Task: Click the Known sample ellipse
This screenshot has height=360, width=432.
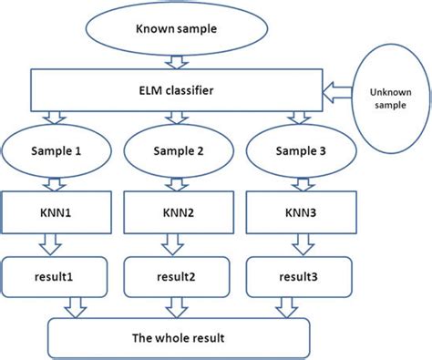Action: tap(175, 30)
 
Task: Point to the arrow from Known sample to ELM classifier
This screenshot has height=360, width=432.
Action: tap(175, 63)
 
